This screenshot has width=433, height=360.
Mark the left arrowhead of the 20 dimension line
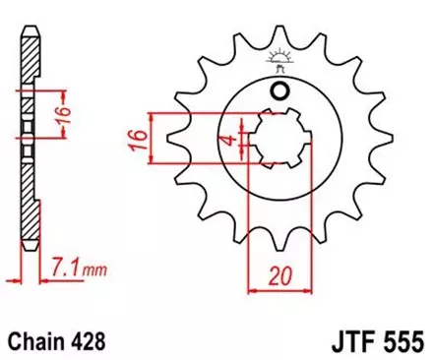(x=251, y=288)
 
